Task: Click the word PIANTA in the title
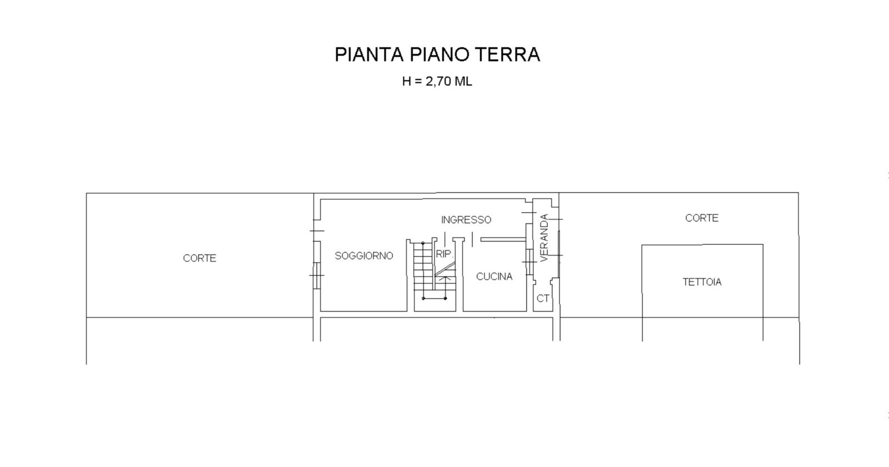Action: click(x=369, y=54)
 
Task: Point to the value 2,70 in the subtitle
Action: click(x=438, y=81)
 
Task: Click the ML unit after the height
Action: click(x=463, y=81)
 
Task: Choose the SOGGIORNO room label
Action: click(x=364, y=256)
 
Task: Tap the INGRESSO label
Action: click(x=466, y=220)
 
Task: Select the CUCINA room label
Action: click(x=494, y=277)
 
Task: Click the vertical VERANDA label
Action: click(x=544, y=238)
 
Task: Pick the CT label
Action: click(x=543, y=298)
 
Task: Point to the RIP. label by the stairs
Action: click(x=444, y=254)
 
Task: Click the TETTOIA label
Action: click(x=702, y=282)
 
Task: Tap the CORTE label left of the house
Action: click(x=199, y=258)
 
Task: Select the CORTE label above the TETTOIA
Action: click(x=702, y=218)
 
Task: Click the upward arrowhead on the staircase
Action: click(x=445, y=278)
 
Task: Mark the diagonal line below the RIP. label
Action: click(x=445, y=269)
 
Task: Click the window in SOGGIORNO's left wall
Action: click(x=317, y=275)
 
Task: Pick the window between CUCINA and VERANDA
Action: click(x=530, y=262)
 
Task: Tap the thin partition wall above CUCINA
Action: click(x=503, y=240)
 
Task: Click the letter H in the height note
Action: click(x=406, y=81)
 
